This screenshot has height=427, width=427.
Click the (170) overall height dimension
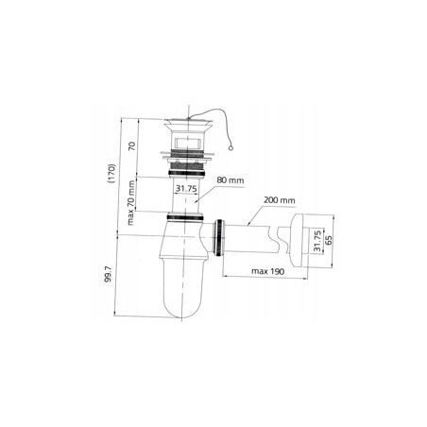pos(112,174)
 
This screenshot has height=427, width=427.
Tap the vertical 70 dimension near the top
pos(131,145)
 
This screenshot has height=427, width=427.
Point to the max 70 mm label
pos(131,202)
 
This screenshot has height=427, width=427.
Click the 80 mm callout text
pos(231,180)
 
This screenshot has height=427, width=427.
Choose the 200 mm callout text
pos(280,200)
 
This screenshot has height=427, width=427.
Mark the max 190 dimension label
pos(267,271)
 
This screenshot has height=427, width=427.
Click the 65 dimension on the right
pos(329,240)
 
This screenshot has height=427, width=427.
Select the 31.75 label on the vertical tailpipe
pos(186,189)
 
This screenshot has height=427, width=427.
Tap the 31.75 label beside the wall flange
pos(317,241)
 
